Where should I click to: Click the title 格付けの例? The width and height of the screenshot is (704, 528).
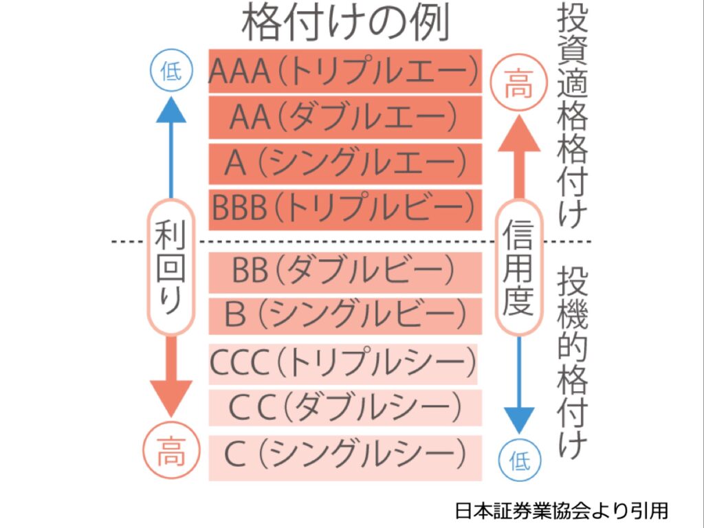(345, 24)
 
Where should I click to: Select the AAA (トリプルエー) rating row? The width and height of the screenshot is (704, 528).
(345, 71)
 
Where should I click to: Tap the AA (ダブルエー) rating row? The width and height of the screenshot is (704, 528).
(345, 117)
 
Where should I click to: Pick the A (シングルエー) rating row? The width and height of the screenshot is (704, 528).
(345, 163)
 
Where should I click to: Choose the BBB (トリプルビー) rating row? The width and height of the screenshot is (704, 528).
(345, 208)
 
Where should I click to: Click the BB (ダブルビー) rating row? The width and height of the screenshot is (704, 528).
(345, 272)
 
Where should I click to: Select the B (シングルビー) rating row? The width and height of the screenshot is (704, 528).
(345, 315)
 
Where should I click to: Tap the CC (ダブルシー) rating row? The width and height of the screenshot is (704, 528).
(345, 408)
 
